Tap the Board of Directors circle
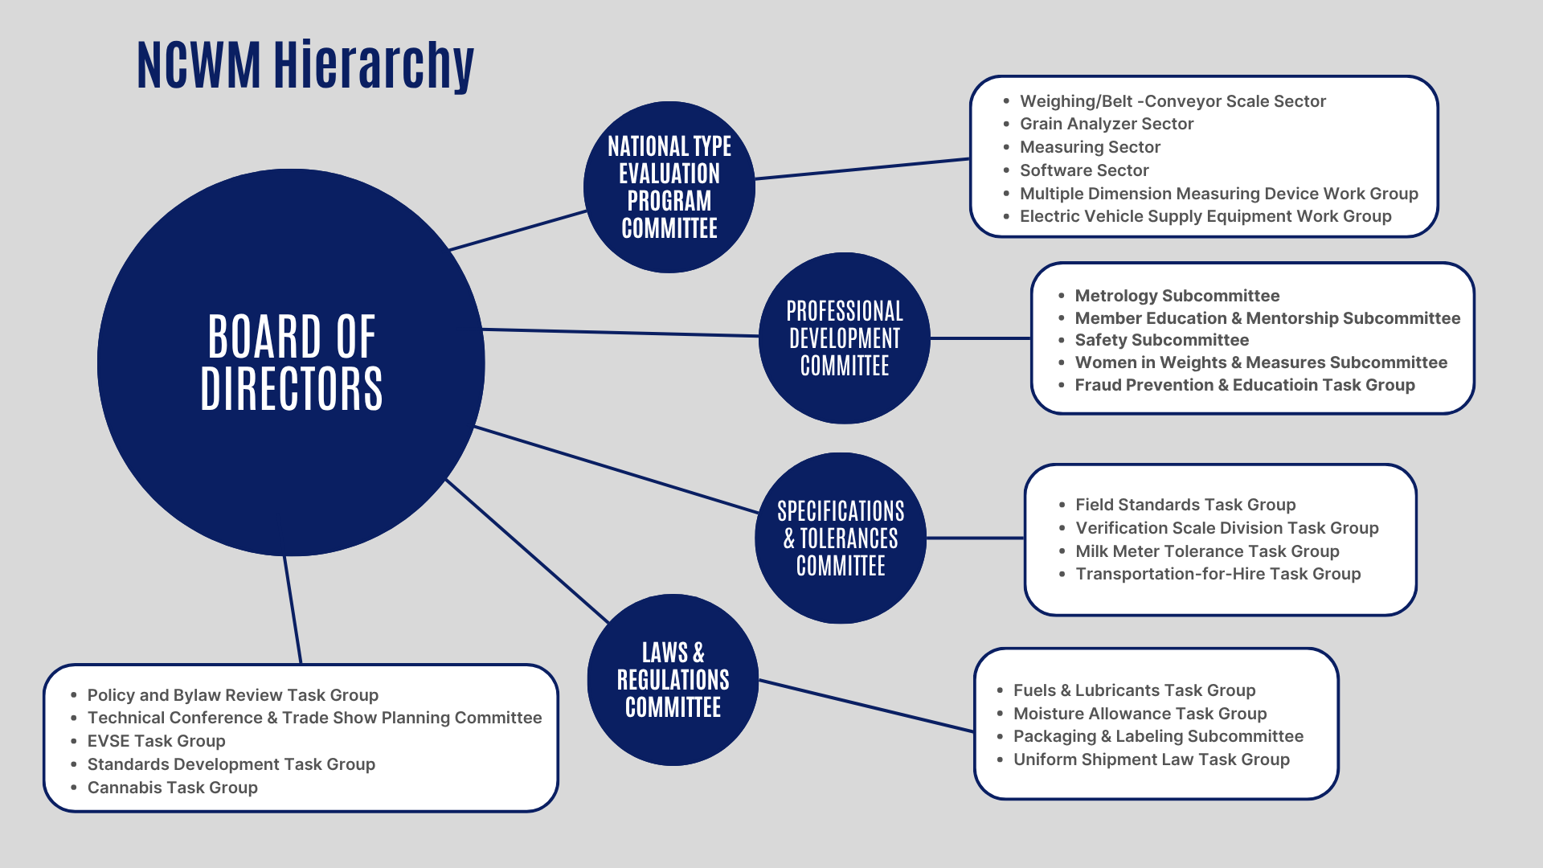291,362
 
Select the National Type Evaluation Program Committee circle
669,187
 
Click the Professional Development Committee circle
844,338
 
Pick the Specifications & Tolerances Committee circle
841,538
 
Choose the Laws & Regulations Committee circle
673,680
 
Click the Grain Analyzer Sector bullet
1106,124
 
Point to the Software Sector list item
1084,170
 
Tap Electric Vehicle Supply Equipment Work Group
1205,216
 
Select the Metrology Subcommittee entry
1177,296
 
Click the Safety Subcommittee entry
1161,340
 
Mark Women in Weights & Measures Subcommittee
1261,362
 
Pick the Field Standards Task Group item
1185,505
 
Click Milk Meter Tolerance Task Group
1207,551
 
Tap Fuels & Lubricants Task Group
1134,690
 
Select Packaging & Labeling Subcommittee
1158,736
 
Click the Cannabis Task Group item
172,788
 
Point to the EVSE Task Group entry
156,741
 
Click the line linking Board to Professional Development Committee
620,333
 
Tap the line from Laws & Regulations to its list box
866,706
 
